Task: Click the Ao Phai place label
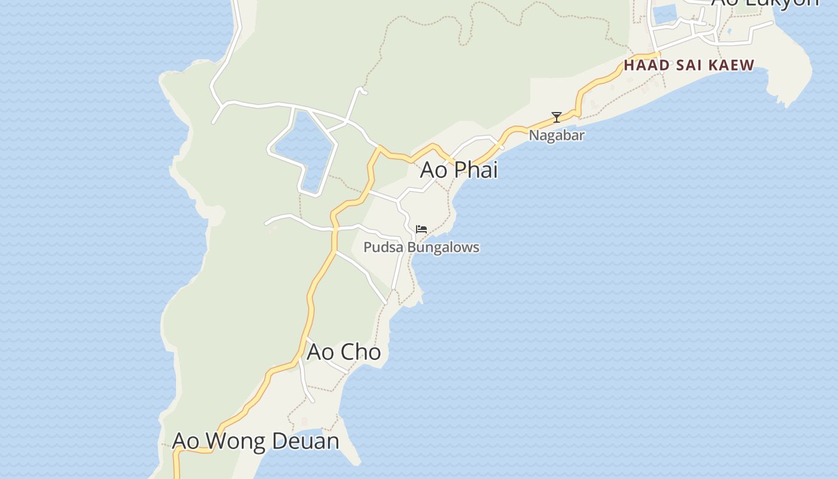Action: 459,170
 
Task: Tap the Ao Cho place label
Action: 344,352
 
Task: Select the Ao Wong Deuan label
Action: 256,441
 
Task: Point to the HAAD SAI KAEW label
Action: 689,65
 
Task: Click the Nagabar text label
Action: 556,136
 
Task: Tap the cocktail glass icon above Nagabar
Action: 557,117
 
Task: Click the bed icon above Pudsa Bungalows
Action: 421,229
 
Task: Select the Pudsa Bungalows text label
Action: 421,247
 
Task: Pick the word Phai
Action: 476,170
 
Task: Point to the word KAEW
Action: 733,65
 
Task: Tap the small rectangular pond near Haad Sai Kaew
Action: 664,14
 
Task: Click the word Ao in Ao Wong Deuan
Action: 185,441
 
